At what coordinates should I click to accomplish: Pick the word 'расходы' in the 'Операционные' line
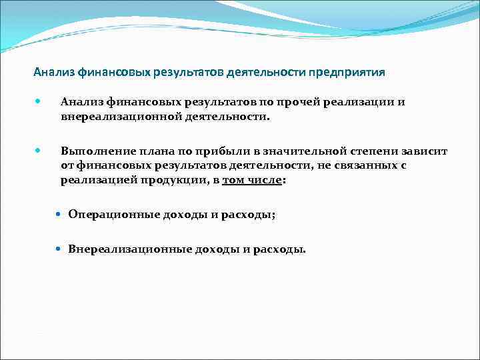click(x=251, y=215)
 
